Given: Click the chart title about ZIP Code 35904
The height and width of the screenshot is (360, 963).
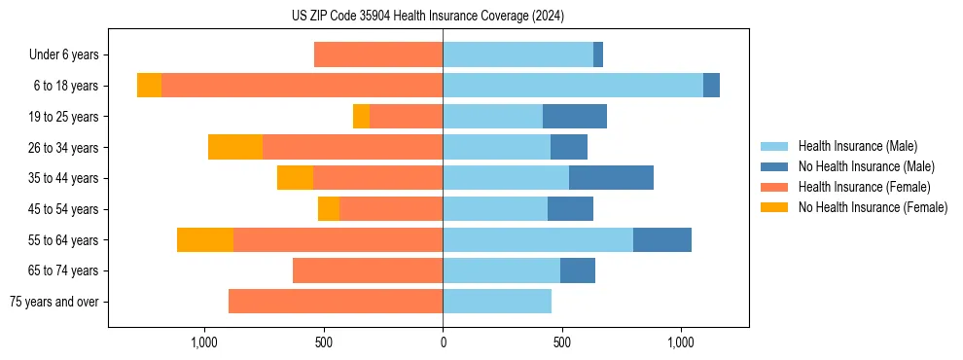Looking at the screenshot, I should [x=428, y=17].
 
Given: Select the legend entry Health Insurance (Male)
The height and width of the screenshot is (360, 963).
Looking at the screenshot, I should [x=857, y=146].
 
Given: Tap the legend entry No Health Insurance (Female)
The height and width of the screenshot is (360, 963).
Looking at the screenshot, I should [x=873, y=207].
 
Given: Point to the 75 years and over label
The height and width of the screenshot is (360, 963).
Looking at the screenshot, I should [x=53, y=302].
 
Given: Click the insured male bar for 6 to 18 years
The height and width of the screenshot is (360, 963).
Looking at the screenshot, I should [x=573, y=86].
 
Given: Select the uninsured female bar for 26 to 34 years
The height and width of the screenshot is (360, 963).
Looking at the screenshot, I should [x=235, y=147].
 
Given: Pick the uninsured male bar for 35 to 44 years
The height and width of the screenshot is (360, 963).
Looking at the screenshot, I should [x=611, y=178].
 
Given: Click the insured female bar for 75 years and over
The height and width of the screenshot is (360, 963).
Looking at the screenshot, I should [x=336, y=302].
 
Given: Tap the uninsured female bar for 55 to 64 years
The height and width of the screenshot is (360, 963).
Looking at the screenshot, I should [x=205, y=239].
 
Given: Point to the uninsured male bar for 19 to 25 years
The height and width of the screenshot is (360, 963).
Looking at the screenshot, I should [x=575, y=117].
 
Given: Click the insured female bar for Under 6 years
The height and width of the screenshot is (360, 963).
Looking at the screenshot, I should [x=378, y=55].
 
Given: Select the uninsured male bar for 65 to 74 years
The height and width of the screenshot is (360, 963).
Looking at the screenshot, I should [x=578, y=270].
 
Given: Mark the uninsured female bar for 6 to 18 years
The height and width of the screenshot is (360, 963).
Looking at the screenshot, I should [x=149, y=86].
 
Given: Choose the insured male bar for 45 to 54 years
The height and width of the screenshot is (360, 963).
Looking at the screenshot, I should [x=495, y=209].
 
